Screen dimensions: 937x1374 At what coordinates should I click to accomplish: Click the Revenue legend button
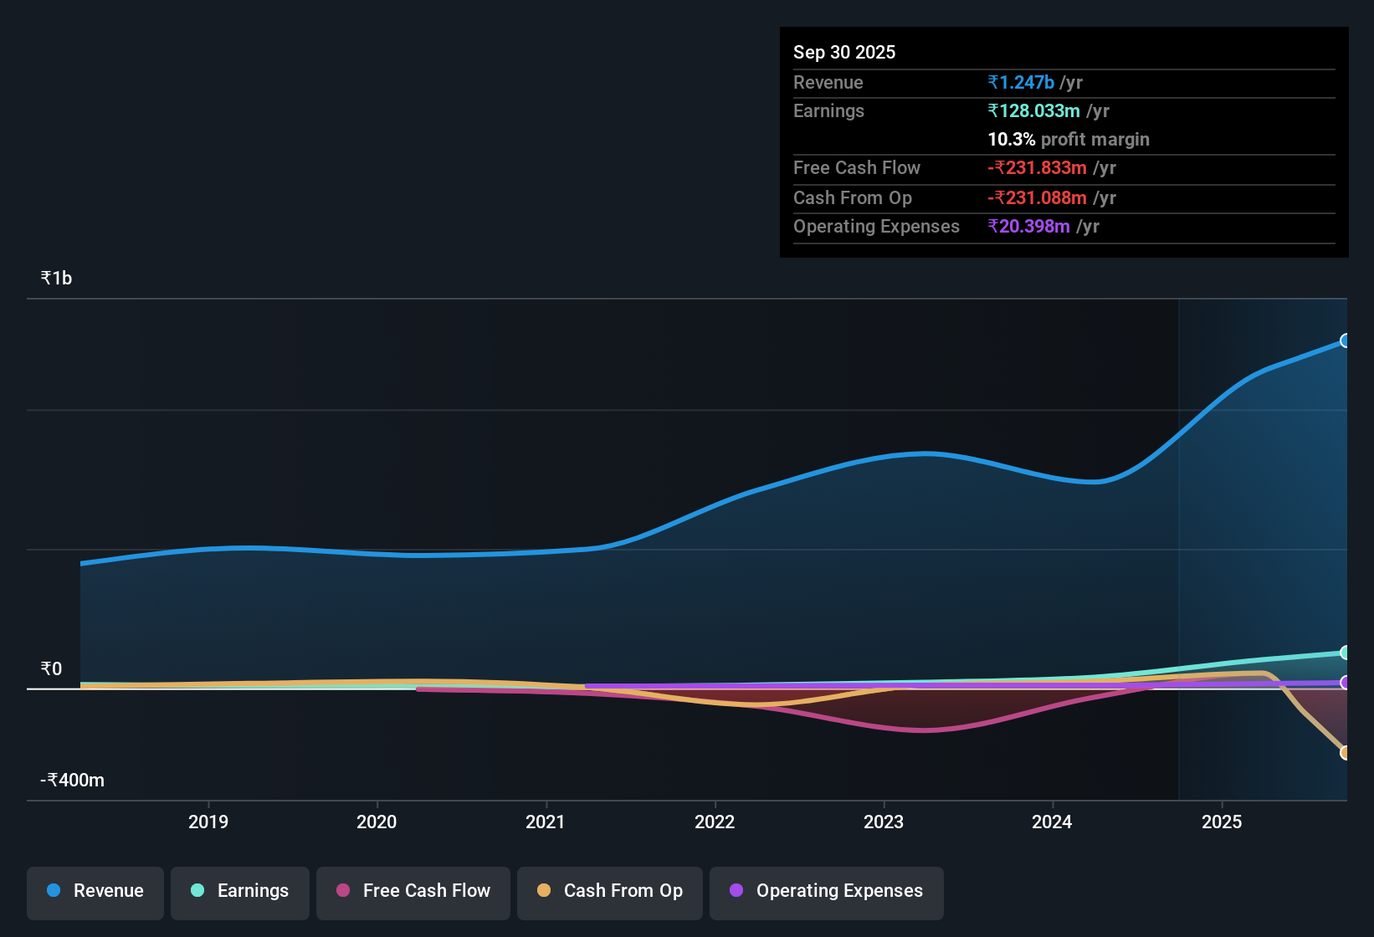pos(95,891)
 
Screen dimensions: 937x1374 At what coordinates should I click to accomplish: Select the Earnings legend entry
pos(240,891)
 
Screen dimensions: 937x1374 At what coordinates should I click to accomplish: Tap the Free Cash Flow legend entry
pos(413,891)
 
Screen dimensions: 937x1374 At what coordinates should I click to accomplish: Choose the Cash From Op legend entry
pos(610,891)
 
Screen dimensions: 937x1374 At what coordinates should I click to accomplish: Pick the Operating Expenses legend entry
pos(827,891)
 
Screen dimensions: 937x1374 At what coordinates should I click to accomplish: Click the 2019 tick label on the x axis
pos(208,822)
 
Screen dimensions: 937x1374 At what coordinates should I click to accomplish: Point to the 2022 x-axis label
pos(715,822)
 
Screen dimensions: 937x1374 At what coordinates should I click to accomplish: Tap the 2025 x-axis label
pos(1222,822)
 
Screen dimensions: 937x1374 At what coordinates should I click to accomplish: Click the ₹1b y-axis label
pos(56,279)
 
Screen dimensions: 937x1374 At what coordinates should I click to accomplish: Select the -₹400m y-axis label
pos(73,781)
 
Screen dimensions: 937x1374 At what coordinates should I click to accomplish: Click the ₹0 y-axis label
pos(51,668)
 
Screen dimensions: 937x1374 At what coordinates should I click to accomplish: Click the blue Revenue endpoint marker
pos(1345,340)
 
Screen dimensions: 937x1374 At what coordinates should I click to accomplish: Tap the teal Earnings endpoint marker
pos(1345,653)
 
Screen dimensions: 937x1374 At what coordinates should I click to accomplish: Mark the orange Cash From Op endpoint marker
pos(1345,753)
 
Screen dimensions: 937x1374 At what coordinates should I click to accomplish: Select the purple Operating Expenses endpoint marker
pos(1345,683)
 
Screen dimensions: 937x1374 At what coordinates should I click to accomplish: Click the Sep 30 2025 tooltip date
pos(844,52)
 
